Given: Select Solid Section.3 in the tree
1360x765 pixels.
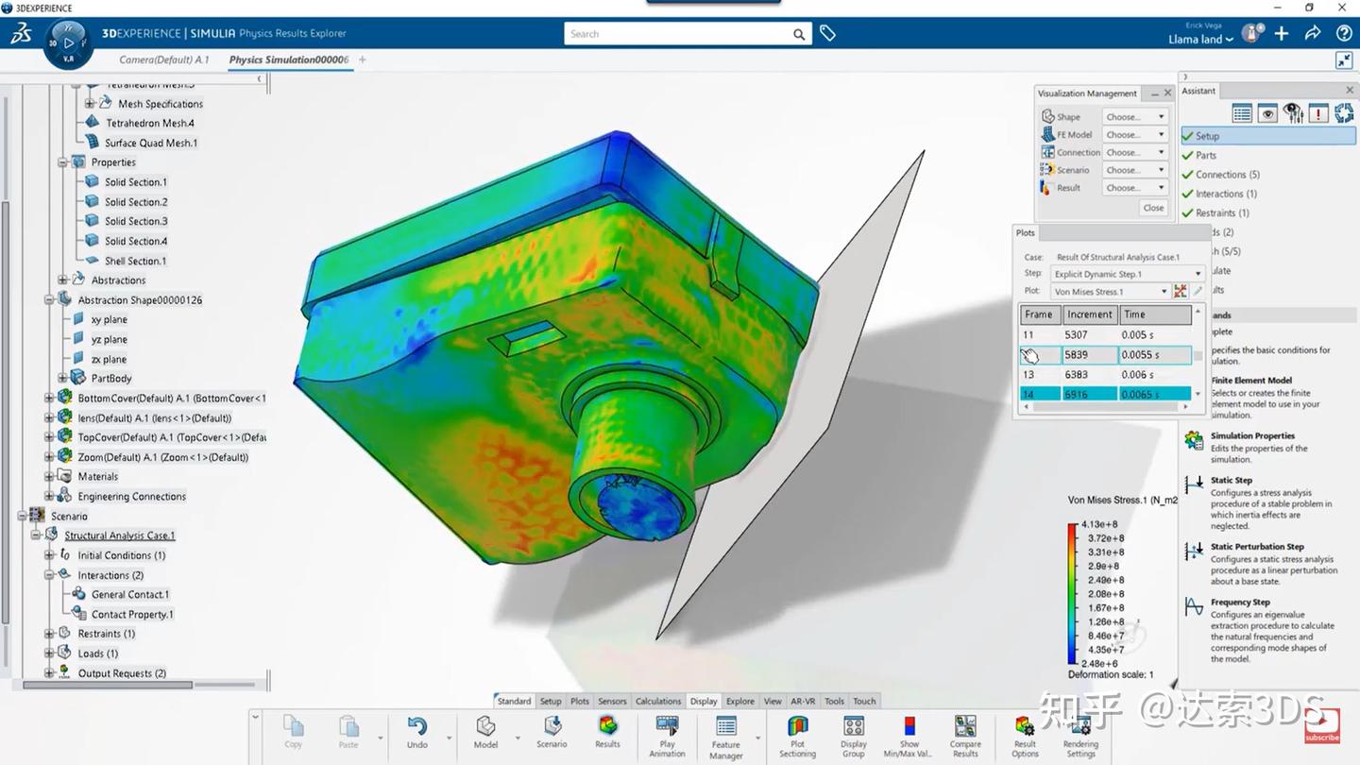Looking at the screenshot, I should pyautogui.click(x=136, y=221).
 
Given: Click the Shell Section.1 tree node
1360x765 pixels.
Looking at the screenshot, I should pyautogui.click(x=135, y=261).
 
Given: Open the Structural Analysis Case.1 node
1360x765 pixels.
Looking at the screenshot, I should pyautogui.click(x=119, y=535).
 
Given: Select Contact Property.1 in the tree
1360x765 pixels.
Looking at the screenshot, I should pyautogui.click(x=132, y=614).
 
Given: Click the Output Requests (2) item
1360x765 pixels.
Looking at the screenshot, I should pyautogui.click(x=122, y=673).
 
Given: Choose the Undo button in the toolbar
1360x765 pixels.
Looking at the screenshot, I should pyautogui.click(x=417, y=732).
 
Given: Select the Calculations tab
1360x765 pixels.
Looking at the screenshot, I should pyautogui.click(x=658, y=701).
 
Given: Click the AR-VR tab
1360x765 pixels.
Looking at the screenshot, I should pyautogui.click(x=803, y=701).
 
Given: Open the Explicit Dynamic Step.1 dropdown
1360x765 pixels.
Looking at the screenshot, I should pyautogui.click(x=1128, y=274).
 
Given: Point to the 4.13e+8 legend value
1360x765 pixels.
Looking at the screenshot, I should pyautogui.click(x=1100, y=524).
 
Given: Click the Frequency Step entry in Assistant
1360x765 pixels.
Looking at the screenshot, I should pyautogui.click(x=1240, y=602).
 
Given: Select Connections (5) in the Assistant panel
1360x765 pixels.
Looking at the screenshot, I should pyautogui.click(x=1227, y=175).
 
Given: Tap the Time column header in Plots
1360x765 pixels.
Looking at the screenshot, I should pyautogui.click(x=1154, y=314).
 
